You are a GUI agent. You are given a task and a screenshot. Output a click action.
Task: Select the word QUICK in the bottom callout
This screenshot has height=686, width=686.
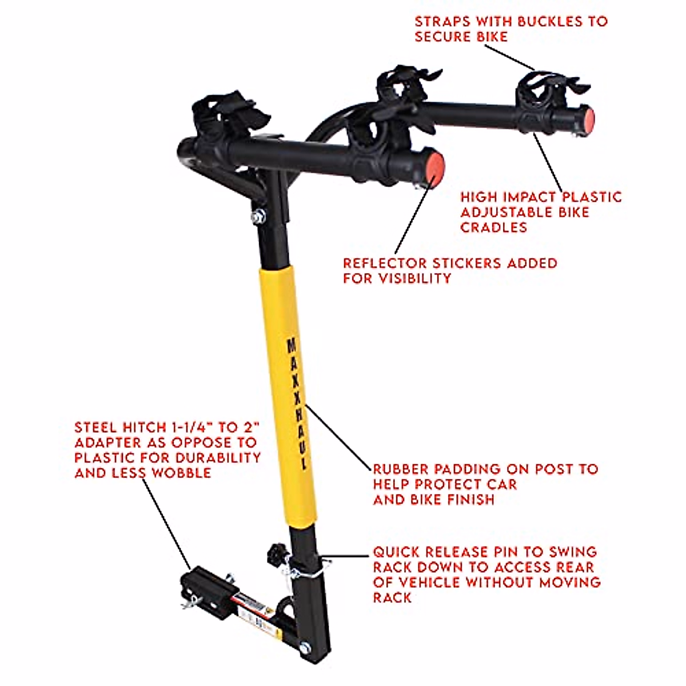397,552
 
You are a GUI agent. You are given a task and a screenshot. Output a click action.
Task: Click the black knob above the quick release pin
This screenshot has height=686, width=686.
273,553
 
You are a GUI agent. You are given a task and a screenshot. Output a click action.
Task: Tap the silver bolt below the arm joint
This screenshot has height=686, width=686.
258,217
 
